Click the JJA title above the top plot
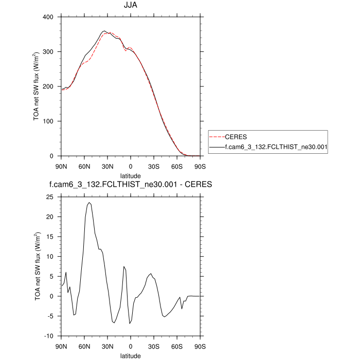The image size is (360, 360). click(x=130, y=7)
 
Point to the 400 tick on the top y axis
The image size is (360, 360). click(x=48, y=17)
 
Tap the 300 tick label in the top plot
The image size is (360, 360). click(x=48, y=52)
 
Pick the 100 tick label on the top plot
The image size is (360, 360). click(x=48, y=121)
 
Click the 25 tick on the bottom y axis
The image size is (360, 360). click(x=50, y=197)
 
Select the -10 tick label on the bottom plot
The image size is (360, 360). click(x=49, y=336)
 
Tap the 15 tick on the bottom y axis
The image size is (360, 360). click(x=50, y=237)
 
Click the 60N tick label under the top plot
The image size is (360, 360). click(x=84, y=166)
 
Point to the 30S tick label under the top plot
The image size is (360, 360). click(x=153, y=166)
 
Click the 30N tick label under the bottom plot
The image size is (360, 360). click(x=107, y=346)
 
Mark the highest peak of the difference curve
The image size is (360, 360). click(x=89, y=203)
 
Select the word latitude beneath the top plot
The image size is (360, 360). click(x=130, y=176)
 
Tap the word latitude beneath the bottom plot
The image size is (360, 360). click(x=130, y=355)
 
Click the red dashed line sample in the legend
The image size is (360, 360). click(x=217, y=137)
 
